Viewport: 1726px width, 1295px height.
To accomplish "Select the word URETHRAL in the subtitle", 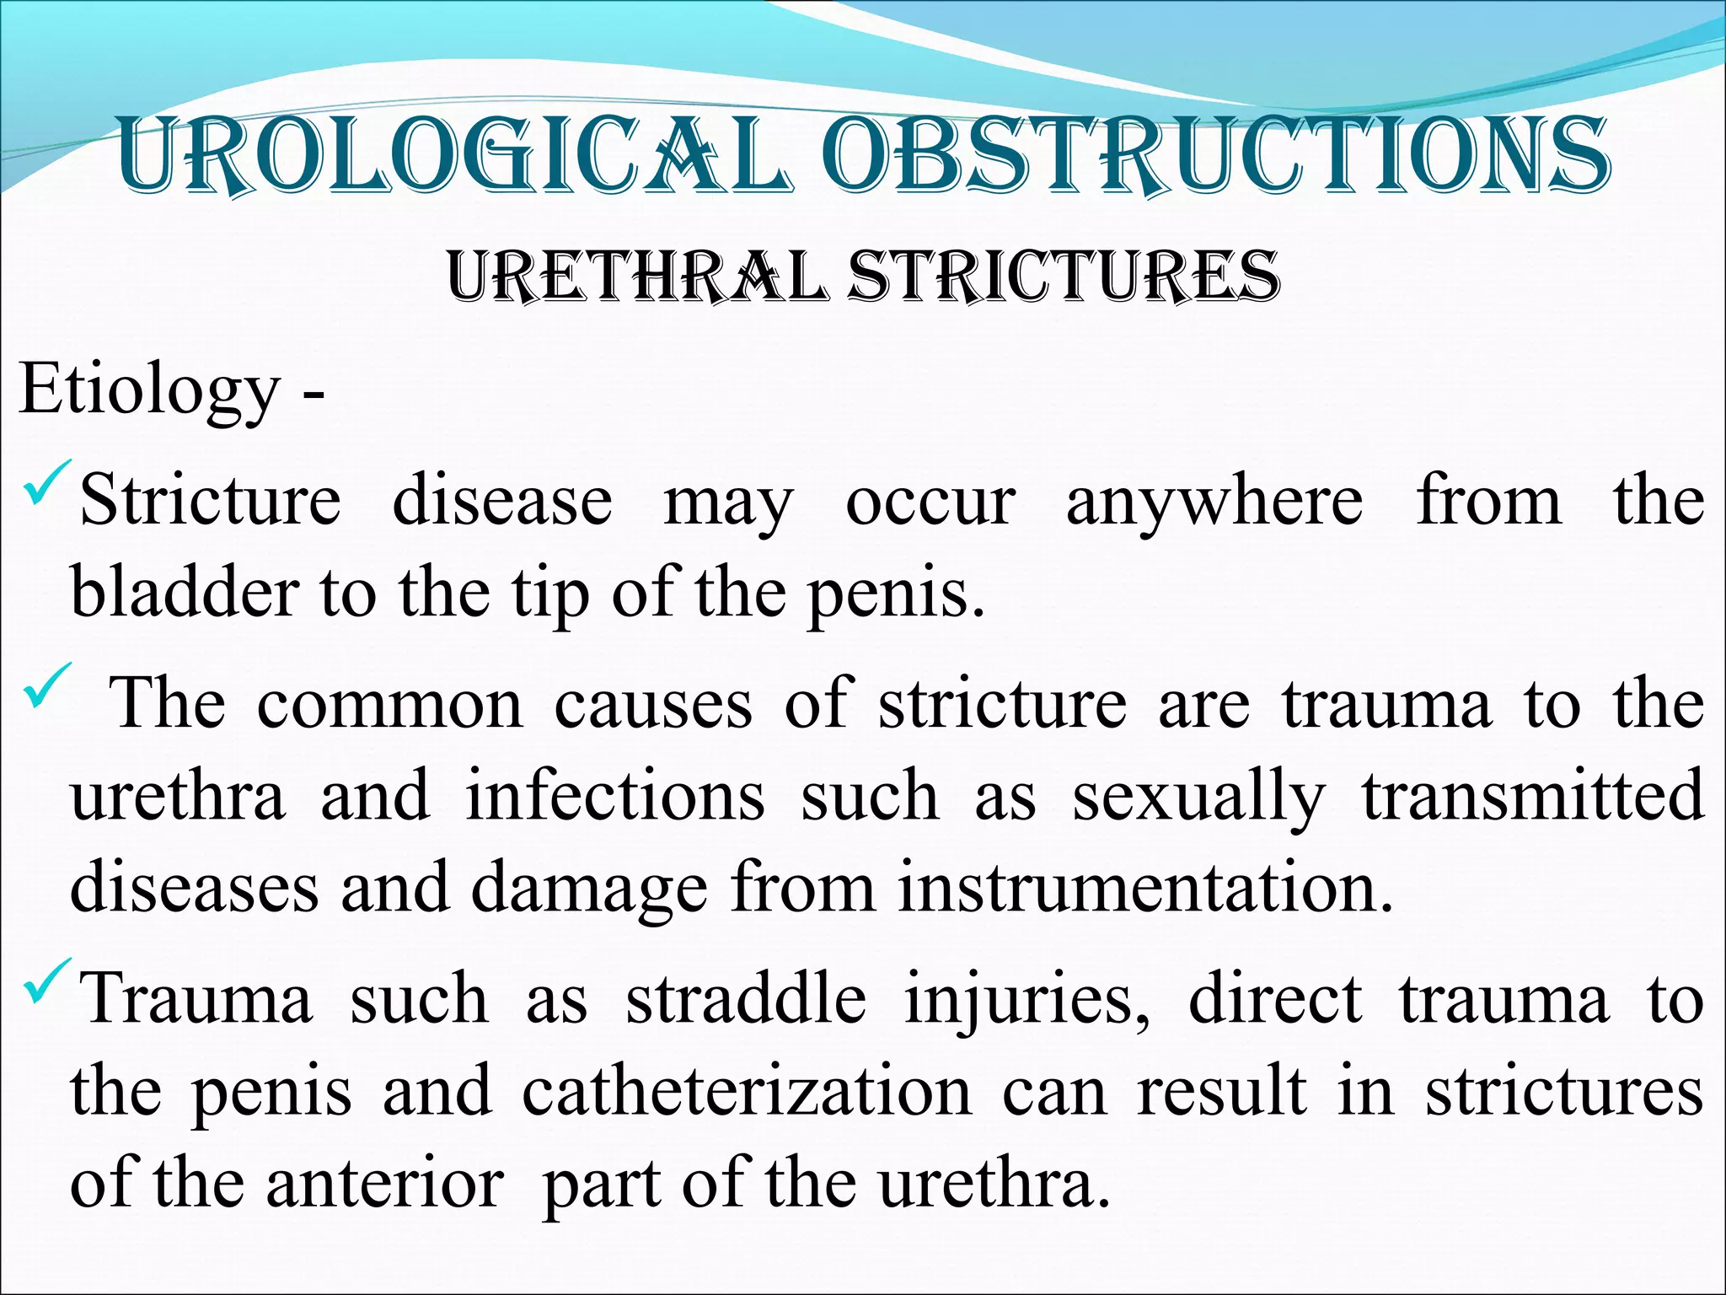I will (636, 277).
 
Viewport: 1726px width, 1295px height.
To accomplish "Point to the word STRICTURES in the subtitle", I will (1064, 277).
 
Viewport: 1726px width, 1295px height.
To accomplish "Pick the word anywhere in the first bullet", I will (1214, 502).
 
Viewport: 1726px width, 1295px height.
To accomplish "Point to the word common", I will (389, 705).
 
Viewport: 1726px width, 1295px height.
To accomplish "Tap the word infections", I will (615, 798).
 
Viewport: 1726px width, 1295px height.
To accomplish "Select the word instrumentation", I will (1144, 888).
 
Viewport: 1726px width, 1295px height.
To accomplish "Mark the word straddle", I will (746, 1000).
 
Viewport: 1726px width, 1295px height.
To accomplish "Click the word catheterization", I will (747, 1093).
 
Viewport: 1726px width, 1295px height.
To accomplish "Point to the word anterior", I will (385, 1184).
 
